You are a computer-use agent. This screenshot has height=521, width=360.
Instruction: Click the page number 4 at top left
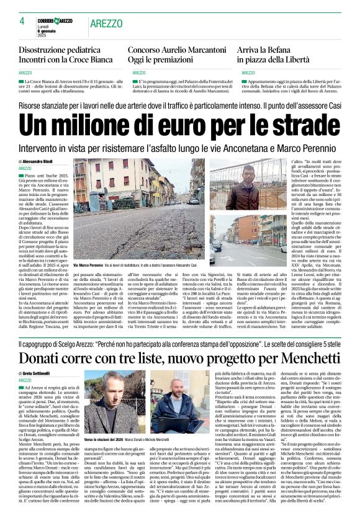tap(22, 21)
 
